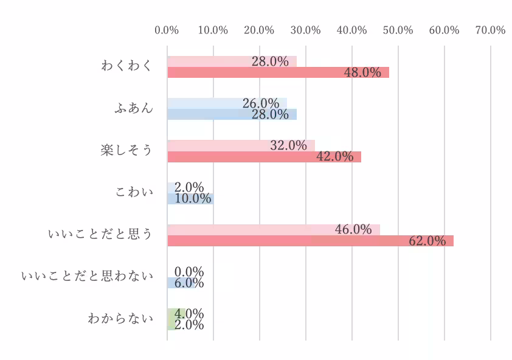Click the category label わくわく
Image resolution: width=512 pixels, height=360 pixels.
[x=126, y=66]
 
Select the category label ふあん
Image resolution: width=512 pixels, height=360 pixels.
[x=134, y=109]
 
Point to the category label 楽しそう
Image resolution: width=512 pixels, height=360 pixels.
[x=126, y=151]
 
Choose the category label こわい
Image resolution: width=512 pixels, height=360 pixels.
[x=134, y=193]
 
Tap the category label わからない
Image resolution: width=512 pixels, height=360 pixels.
[x=120, y=319]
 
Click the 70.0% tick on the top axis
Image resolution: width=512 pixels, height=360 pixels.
[x=490, y=30]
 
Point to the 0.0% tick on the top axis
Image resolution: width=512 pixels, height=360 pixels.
[x=167, y=30]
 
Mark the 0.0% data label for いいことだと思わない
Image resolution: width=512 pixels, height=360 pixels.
[x=189, y=272]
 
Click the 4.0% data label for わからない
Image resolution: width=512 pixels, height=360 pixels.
[x=189, y=314]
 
